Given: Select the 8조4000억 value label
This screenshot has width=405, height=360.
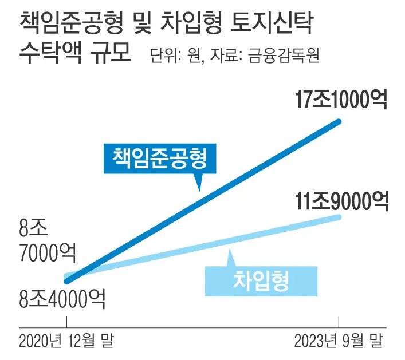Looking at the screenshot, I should [x=62, y=298].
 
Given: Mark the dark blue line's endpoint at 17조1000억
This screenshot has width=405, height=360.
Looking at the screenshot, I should [x=340, y=121].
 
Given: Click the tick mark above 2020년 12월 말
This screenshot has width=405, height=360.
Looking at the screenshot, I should [x=66, y=322].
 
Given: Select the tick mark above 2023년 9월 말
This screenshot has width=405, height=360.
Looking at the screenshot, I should [x=340, y=322].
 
